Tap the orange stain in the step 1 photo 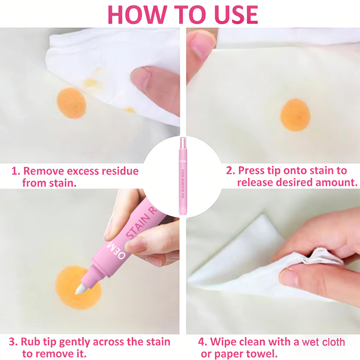click(72, 103)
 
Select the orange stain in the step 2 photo click(295, 115)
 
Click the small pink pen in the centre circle click(183, 175)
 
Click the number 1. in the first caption click(16, 171)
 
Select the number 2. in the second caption click(230, 171)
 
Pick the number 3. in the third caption click(13, 342)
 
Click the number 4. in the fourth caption click(203, 342)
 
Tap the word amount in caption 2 click(336, 183)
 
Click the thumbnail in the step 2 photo click(199, 49)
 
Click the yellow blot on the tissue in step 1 click(90, 82)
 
